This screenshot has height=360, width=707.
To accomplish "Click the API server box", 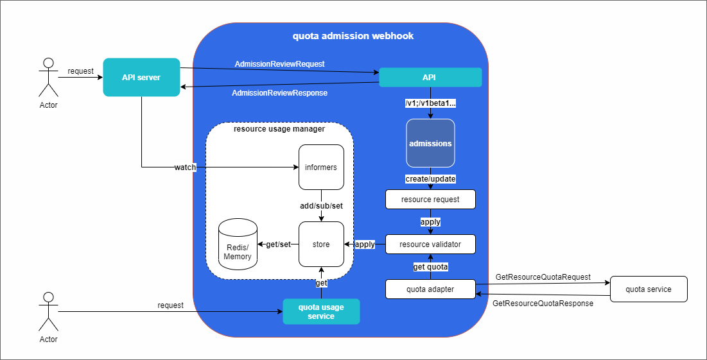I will point(141,77).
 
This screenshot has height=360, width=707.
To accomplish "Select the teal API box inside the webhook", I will point(430,77).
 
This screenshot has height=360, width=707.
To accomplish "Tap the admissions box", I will point(430,143).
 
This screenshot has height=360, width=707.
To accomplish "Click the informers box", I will point(321,167).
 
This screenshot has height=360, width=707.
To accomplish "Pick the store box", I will point(321,244).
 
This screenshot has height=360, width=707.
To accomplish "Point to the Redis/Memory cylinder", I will point(238,244).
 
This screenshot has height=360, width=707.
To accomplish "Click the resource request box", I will point(430,199).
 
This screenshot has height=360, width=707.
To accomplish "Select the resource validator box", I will point(430,244).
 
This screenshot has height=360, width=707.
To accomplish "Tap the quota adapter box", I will point(430,289).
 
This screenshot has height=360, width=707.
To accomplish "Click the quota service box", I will point(649,289).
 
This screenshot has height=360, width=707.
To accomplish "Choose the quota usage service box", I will point(321,311).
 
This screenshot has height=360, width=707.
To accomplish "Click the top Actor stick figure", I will point(48,77).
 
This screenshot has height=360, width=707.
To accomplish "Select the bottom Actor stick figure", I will point(48,311).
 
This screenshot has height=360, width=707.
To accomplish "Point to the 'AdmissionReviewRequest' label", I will point(279,64).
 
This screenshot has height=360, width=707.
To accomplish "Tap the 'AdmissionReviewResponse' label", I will point(279,93).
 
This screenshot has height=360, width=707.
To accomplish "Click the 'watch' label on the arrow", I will point(185,167).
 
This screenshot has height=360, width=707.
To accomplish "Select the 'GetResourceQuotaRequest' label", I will point(543,277).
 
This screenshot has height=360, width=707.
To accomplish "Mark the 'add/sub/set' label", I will point(321,206).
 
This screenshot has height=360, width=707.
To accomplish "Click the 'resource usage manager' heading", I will point(279,129).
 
